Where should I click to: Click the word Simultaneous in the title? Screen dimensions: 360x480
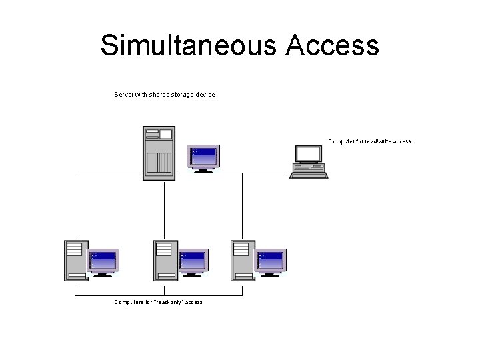[x=187, y=45]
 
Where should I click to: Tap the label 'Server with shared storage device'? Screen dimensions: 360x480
[x=165, y=95]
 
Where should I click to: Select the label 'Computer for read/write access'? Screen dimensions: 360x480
[x=369, y=141]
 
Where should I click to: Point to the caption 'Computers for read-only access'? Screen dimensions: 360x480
[x=158, y=302]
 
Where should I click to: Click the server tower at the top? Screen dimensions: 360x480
[x=159, y=153]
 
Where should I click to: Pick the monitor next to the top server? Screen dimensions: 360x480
[x=203, y=157]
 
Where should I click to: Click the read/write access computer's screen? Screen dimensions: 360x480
[x=309, y=154]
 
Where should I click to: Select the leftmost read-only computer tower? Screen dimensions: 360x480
[x=76, y=260]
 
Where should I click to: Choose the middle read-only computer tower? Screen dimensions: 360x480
[x=165, y=260]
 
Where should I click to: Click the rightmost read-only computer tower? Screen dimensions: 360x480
[x=243, y=260]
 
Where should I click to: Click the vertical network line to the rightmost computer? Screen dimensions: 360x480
[x=242, y=207]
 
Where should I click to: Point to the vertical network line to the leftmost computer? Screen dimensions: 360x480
[x=75, y=207]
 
